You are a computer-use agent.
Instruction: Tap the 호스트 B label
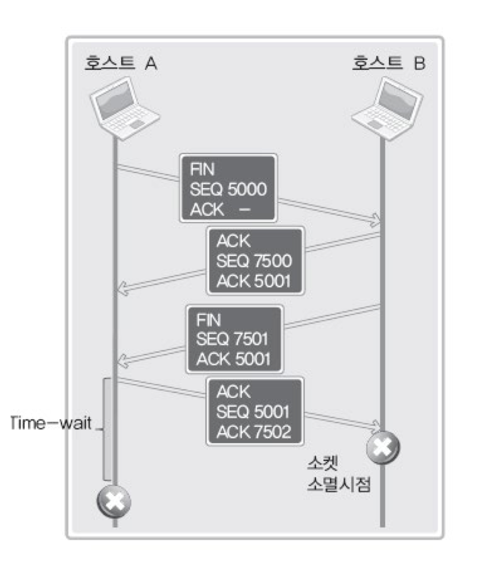click(x=388, y=63)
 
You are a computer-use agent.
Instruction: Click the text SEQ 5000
click(x=228, y=190)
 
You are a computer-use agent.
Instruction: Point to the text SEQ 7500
click(x=254, y=261)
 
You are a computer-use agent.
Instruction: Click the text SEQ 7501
click(x=232, y=338)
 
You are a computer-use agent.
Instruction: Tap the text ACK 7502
click(x=254, y=432)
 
